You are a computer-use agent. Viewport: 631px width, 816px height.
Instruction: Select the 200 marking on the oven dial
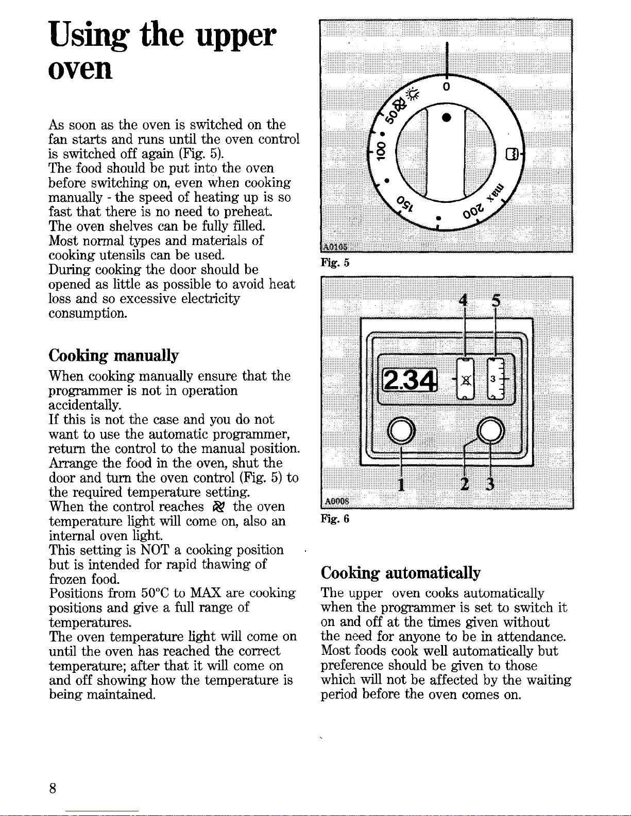[473, 210]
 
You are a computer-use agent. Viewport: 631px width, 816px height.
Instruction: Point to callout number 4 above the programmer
[465, 300]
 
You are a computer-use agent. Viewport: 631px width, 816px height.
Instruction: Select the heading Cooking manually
[113, 355]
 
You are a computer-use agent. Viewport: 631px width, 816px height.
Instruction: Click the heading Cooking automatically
[400, 572]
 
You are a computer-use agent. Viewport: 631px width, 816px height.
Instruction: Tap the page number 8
[53, 788]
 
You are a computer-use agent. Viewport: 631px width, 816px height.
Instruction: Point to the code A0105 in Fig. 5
[335, 246]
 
